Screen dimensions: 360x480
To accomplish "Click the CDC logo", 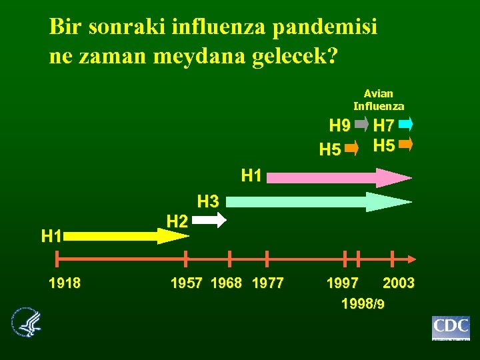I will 451,328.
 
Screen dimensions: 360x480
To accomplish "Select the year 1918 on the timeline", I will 65,283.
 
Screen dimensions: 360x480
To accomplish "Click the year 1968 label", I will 227,283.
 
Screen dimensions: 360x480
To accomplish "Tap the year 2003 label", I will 399,283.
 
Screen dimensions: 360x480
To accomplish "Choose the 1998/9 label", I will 362,304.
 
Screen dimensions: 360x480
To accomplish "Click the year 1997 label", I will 343,283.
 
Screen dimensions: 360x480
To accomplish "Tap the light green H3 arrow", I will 320,201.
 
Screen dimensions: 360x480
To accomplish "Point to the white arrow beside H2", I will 214,220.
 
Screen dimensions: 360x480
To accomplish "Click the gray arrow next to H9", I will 361,124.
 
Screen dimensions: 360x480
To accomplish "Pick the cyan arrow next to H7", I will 406,124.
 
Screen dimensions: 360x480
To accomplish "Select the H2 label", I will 177,221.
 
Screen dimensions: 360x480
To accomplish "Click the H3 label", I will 208,200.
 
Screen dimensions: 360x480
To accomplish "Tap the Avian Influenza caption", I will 379,100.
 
